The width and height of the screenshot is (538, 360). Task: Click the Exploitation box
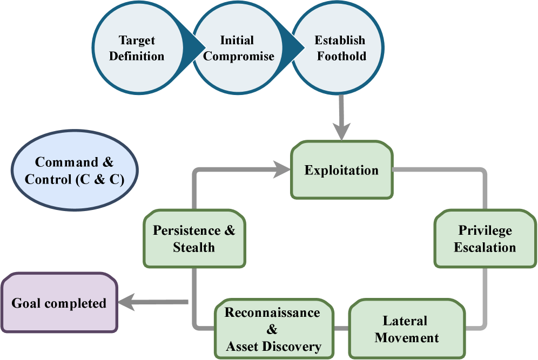pyautogui.click(x=341, y=171)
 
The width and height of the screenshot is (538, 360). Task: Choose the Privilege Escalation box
pyautogui.click(x=485, y=239)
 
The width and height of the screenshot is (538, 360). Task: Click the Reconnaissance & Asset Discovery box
pyautogui.click(x=273, y=329)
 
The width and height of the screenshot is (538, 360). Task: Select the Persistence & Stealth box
pyautogui.click(x=194, y=239)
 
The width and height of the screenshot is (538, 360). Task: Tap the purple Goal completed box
pyautogui.click(x=59, y=303)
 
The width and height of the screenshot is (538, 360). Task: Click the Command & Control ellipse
pyautogui.click(x=75, y=171)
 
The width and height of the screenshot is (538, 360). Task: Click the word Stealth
pyautogui.click(x=194, y=248)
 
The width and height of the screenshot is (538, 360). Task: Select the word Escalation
pyautogui.click(x=485, y=248)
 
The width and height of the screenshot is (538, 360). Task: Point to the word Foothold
pyautogui.click(x=341, y=56)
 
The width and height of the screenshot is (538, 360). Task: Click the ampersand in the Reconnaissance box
pyautogui.click(x=272, y=329)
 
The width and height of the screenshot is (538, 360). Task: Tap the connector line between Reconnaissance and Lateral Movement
pyautogui.click(x=341, y=328)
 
